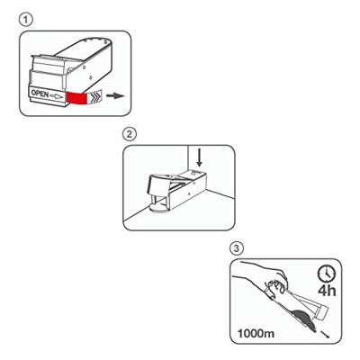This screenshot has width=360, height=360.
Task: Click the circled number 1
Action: coord(26,20)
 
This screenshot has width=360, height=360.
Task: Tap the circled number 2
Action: coord(130,134)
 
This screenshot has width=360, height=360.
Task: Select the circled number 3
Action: coord(237,248)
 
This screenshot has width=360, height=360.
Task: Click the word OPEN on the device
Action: coord(40,94)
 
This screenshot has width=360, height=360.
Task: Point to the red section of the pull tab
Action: coord(76,98)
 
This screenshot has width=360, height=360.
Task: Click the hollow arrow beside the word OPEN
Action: coord(57,96)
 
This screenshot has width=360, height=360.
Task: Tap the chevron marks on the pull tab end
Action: coord(95,96)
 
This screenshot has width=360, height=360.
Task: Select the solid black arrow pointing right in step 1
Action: coord(115,96)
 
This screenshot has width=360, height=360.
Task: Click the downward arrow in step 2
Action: coord(199,158)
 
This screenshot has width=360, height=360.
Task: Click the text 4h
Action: coord(327,291)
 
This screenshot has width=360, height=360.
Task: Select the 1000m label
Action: coord(256,333)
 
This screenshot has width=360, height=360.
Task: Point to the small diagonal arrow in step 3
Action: coord(325,334)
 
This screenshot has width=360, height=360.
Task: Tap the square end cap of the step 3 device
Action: coord(322,312)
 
